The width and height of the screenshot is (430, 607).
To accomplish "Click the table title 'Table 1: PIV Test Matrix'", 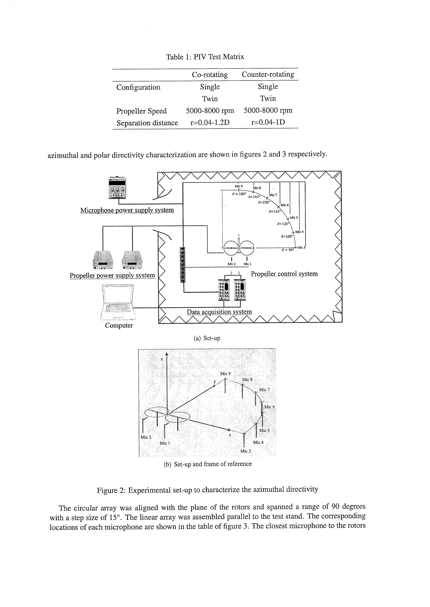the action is tap(205, 57).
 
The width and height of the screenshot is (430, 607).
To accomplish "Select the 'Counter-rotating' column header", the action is tap(268, 75).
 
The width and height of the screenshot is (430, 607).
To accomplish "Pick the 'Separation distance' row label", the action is tap(147, 123).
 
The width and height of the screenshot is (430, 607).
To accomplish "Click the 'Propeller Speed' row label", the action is tap(142, 111).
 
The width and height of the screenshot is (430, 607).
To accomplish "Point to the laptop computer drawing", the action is tap(118, 302).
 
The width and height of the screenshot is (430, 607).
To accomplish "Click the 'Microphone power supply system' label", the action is tap(127, 210).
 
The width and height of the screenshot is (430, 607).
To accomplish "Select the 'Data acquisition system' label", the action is tap(219, 312).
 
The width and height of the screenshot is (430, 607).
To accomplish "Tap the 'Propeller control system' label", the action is tap(284, 274).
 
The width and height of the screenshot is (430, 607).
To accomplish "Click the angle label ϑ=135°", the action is tap(274, 212).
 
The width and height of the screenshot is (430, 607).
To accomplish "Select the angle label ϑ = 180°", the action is tap(239, 194).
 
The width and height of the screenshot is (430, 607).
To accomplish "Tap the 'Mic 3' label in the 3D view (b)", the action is tap(245, 451).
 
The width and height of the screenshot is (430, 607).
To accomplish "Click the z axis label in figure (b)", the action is tap(162, 359).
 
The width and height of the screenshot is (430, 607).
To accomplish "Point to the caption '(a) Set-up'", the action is tap(207, 338).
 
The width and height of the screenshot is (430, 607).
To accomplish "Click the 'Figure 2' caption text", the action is tap(207, 490).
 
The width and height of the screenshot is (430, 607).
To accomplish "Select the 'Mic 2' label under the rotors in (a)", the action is tap(232, 264).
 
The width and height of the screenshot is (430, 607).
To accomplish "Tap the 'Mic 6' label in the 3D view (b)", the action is tap(270, 407).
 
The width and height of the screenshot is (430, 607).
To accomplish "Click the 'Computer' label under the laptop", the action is tap(119, 325).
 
